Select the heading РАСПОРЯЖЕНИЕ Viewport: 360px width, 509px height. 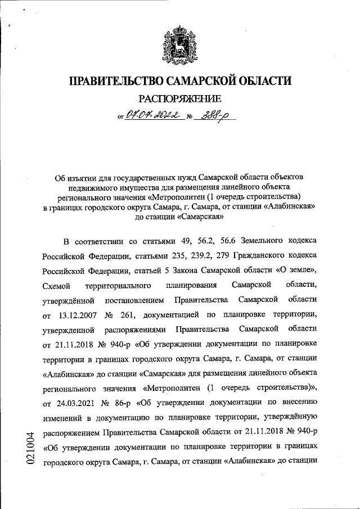(x=180, y=99)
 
